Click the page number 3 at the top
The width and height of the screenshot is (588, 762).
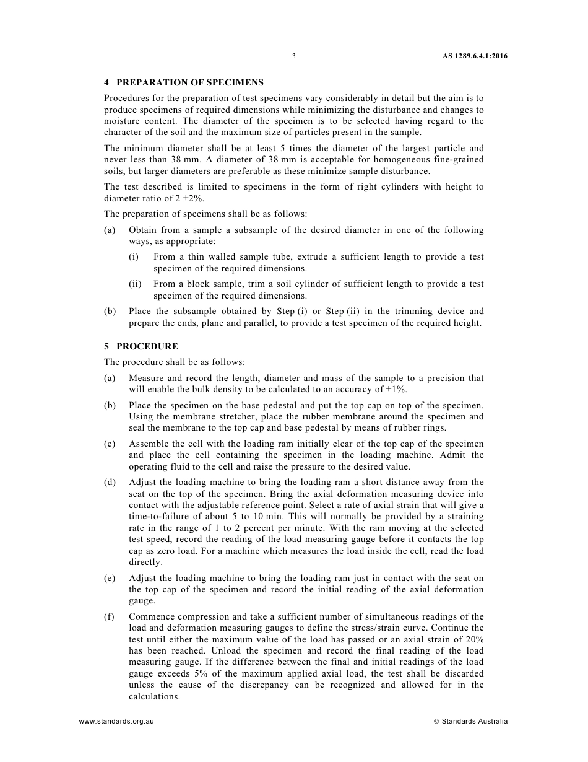pyautogui.click(x=294, y=56)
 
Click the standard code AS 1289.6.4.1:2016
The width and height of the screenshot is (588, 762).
pyautogui.click(x=475, y=56)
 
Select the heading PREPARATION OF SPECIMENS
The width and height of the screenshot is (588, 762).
pyautogui.click(x=190, y=82)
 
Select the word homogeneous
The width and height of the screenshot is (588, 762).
pyautogui.click(x=377, y=160)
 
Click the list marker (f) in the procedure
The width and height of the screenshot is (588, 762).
pyautogui.click(x=110, y=616)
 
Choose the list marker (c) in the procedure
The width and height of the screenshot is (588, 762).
pyautogui.click(x=110, y=444)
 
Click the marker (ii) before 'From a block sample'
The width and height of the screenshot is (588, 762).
pyautogui.click(x=135, y=284)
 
